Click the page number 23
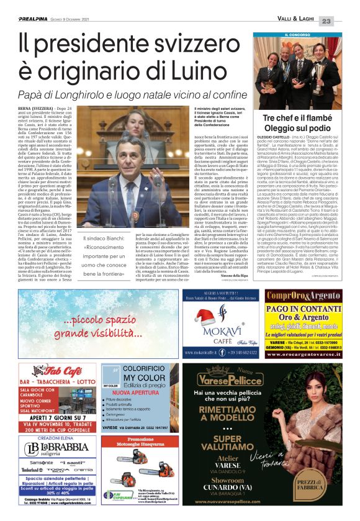[344, 21]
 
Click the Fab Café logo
[56, 371]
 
